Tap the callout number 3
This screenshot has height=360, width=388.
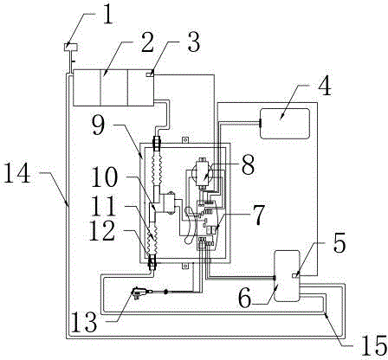pos(193,42)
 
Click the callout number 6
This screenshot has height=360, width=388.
pos(245,299)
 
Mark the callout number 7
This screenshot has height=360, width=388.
pos(258,215)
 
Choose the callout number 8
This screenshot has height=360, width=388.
pos(248,164)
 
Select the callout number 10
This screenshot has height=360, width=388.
pos(104,177)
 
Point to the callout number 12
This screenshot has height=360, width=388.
pos(102,231)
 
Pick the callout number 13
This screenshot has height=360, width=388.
pos(84,322)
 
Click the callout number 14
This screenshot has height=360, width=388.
pos(17,173)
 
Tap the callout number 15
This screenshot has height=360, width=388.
pos(374,346)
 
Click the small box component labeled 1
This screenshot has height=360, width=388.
pos(71,47)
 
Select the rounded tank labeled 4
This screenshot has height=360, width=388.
pos(285,124)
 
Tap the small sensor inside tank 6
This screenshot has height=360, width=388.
pos(295,276)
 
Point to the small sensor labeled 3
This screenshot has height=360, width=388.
pos(150,75)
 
